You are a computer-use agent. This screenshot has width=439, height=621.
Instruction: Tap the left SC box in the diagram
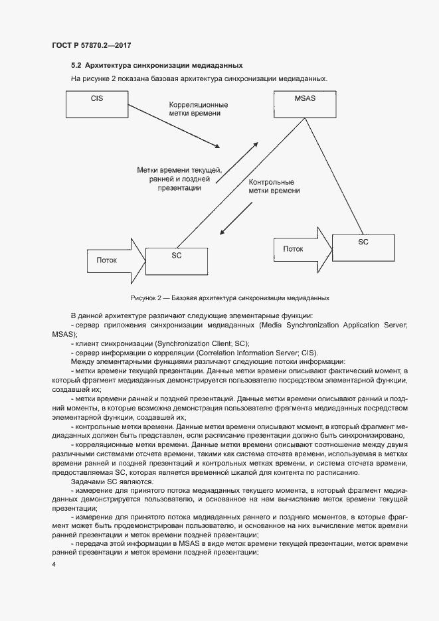tap(176, 260)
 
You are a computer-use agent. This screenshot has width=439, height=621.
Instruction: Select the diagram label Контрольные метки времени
tap(274, 186)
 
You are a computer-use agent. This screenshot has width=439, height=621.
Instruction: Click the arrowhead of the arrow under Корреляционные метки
tap(216, 146)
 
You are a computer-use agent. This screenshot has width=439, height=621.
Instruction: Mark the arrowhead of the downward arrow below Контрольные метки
tap(224, 232)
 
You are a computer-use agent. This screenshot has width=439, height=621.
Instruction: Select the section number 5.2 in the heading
tap(76, 66)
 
